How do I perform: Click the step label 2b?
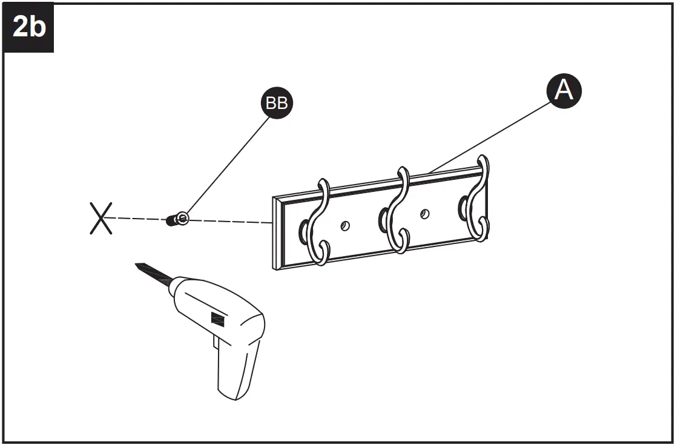tap(28, 27)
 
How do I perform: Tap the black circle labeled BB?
tap(277, 103)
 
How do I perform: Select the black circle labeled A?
tap(564, 91)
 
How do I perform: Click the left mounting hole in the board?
tap(345, 226)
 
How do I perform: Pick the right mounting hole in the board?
tap(425, 213)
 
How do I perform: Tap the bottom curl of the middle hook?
tap(400, 242)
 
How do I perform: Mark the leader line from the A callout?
tap(490, 136)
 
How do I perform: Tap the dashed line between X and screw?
tap(136, 219)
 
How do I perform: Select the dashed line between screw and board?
tap(230, 222)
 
